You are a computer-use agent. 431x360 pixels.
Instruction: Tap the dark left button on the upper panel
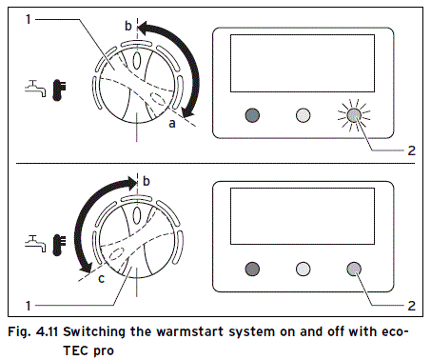[x=252, y=115]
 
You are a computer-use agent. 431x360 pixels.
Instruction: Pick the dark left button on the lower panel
[x=252, y=269]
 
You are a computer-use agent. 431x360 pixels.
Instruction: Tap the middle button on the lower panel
[x=304, y=269]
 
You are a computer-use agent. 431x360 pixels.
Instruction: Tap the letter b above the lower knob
[x=147, y=180]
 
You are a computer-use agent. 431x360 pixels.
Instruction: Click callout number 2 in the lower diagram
[x=409, y=304]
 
